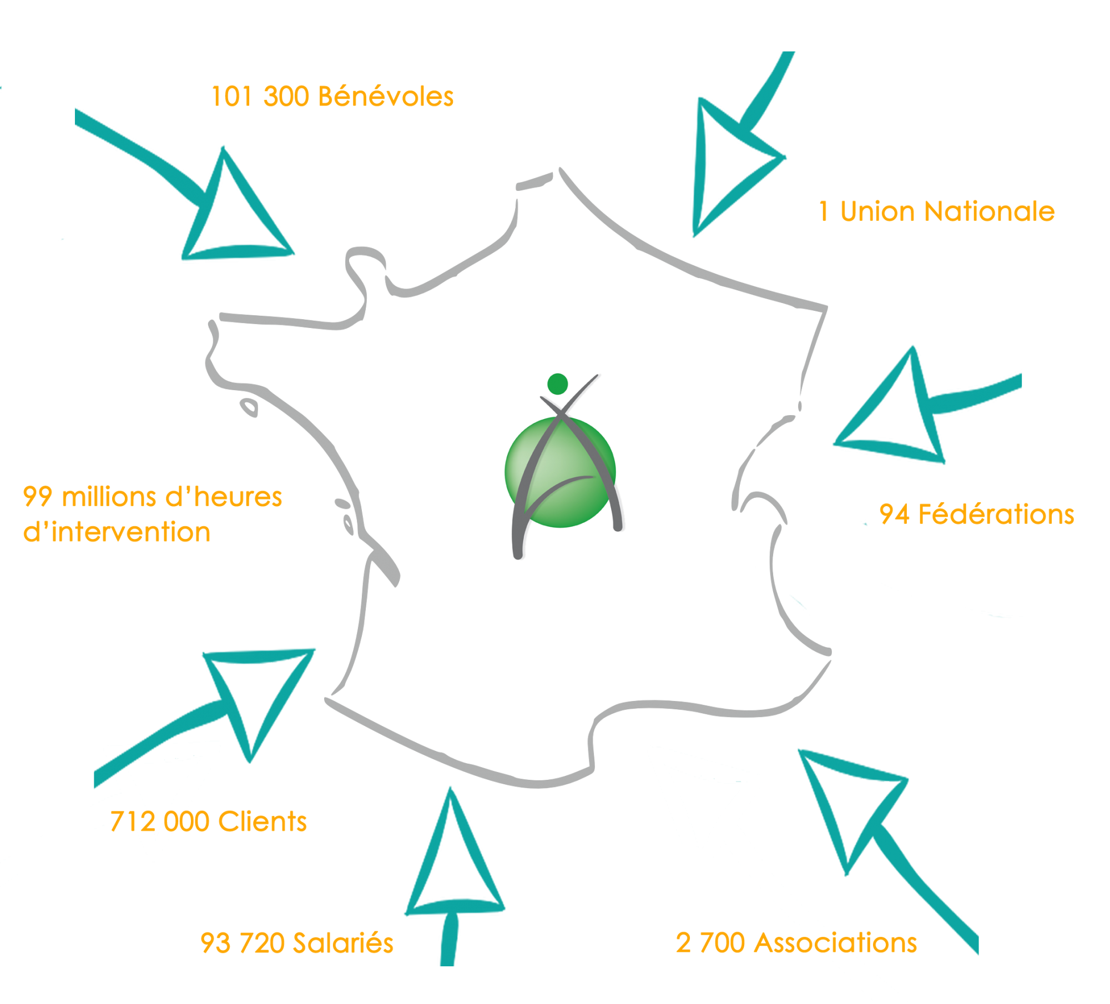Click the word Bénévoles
(386, 97)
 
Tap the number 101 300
(260, 97)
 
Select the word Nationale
(990, 211)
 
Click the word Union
(877, 211)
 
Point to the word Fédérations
(996, 514)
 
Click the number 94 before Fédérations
(894, 514)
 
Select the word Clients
(263, 822)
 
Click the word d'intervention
(117, 532)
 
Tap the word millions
(109, 497)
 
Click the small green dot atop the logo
(557, 384)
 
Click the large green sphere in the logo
(561, 472)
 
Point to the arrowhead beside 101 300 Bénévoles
(233, 216)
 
